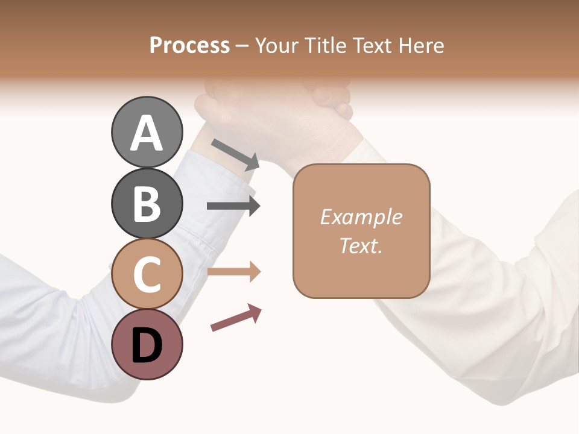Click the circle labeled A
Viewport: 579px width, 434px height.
click(147, 132)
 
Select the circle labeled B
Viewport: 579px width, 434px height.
click(147, 203)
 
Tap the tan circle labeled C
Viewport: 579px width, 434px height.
click(147, 274)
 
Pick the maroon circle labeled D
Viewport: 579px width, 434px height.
click(147, 345)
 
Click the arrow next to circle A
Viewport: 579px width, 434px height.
click(236, 154)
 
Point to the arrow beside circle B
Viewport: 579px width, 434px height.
click(233, 206)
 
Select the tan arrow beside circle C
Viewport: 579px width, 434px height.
click(234, 272)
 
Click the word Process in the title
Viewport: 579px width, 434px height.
click(189, 46)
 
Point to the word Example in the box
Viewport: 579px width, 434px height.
click(361, 217)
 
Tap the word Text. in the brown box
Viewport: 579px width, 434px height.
click(361, 245)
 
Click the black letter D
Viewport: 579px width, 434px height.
click(147, 346)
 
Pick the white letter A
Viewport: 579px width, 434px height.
click(147, 133)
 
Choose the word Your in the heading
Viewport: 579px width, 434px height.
click(277, 46)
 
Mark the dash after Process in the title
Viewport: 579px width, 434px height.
click(242, 46)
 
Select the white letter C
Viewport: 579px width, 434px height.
click(147, 275)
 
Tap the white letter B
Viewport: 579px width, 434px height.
click(147, 204)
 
